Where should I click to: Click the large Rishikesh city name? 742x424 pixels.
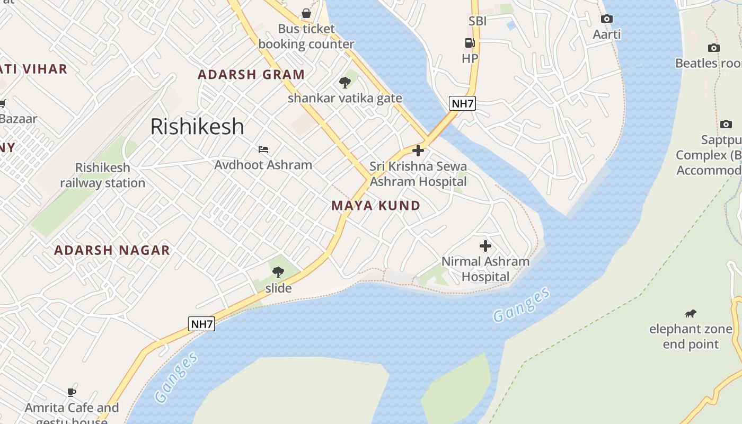pos(197,127)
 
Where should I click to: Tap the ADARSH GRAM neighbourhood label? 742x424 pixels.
pos(251,75)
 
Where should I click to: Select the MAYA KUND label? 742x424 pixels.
pos(376,206)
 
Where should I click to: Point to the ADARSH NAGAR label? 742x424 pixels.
pos(112,250)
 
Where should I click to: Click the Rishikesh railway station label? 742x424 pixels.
pos(102,175)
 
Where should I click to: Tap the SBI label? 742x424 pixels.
pos(478,21)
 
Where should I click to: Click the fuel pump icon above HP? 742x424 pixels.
pos(470,43)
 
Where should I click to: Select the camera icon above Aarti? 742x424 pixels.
pos(607,19)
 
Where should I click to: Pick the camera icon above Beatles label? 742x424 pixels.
pos(714,48)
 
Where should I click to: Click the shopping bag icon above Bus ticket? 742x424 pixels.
pos(306,13)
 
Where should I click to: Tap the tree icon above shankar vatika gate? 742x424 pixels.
pos(345,83)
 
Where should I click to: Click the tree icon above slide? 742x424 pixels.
pos(278,272)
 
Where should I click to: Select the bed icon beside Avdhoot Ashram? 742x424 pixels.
pos(263,149)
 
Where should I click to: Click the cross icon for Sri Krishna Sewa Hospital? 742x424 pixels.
pos(418,151)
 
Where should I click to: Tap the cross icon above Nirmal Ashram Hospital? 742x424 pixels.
pos(485,246)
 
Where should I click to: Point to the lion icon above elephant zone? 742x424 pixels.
pos(691,314)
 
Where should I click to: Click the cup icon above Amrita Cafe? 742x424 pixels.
pos(72,393)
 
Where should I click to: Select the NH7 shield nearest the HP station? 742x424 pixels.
pos(462,103)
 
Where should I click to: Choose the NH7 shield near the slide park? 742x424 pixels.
pos(202,324)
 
